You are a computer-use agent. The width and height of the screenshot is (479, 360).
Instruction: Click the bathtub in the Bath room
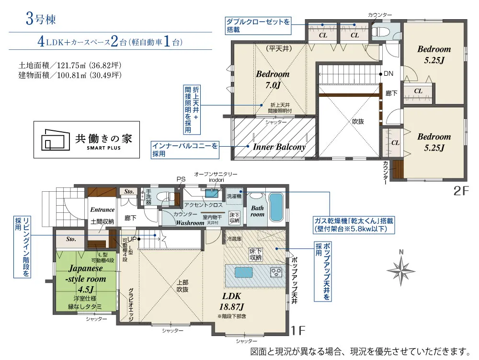(x=276, y=207)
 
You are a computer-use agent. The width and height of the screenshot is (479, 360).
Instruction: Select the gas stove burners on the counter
(x=276, y=272)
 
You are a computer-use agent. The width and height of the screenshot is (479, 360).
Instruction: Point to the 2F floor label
(x=461, y=191)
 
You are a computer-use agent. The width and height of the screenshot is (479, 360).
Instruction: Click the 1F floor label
(x=298, y=330)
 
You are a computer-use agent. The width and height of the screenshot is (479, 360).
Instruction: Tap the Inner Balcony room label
(x=279, y=147)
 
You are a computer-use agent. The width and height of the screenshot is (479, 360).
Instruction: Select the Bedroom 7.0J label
(x=273, y=79)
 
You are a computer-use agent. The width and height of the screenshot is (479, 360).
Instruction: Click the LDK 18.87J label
(x=231, y=301)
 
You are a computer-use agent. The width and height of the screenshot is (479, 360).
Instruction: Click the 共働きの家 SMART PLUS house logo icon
(x=56, y=139)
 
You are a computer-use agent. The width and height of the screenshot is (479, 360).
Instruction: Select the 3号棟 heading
(x=41, y=19)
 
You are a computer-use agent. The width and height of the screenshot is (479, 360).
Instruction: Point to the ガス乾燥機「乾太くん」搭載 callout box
(x=354, y=225)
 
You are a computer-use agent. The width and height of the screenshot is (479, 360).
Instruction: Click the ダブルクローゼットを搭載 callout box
(x=258, y=26)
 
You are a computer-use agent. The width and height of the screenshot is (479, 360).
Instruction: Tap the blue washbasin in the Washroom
(x=212, y=193)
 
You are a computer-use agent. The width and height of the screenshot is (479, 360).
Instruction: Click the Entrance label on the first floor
(x=103, y=209)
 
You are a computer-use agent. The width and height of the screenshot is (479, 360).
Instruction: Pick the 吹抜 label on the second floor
(x=358, y=122)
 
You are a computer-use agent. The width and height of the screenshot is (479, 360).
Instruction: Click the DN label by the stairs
(x=388, y=74)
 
